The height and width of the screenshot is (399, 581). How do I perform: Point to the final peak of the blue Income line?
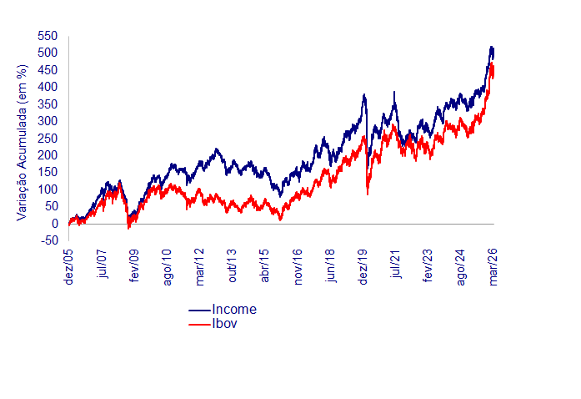click(x=492, y=47)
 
